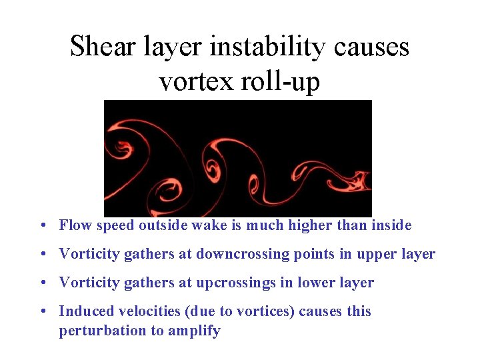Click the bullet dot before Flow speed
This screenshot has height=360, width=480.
(x=43, y=226)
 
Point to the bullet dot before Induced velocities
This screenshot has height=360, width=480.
(x=43, y=312)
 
